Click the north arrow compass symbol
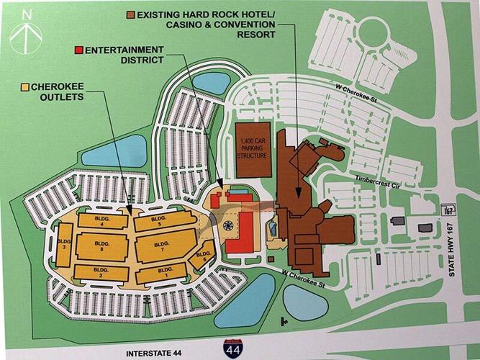click(27, 31)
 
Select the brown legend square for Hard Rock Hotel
click(130, 15)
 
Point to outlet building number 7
click(163, 248)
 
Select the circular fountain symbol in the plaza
click(227, 225)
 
